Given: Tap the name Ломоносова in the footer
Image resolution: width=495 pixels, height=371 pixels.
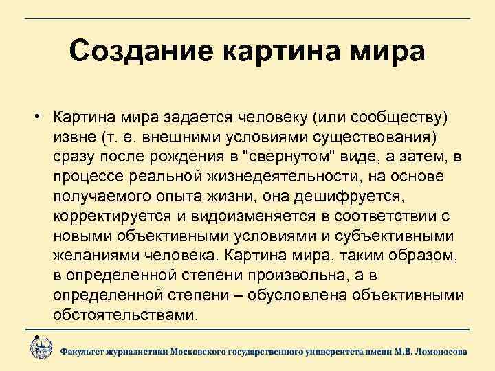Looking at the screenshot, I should tap(438, 350).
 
